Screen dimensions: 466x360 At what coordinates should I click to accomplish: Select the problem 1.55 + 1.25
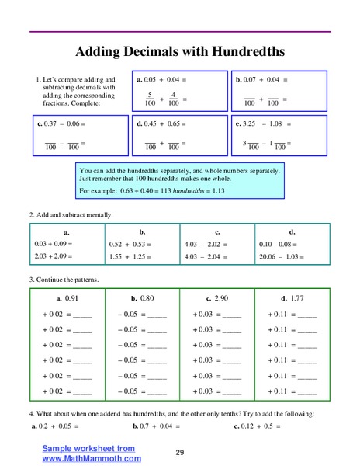point(130,257)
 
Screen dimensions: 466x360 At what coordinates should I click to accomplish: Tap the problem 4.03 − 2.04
point(206,257)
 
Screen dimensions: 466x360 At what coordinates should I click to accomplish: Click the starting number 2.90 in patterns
point(223,297)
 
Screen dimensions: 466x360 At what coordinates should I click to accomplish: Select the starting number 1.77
point(299,297)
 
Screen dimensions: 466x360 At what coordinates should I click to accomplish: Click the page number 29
point(179,453)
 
